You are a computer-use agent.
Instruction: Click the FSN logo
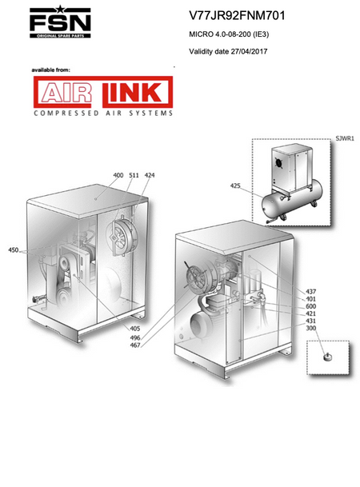(60, 22)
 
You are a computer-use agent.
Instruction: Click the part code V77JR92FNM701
(237, 15)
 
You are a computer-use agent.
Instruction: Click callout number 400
(118, 175)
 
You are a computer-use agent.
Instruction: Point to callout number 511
(134, 175)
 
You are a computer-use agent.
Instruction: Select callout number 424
(150, 175)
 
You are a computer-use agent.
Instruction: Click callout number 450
(14, 250)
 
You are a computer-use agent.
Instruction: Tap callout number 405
(135, 329)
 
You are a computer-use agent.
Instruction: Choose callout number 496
(135, 337)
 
